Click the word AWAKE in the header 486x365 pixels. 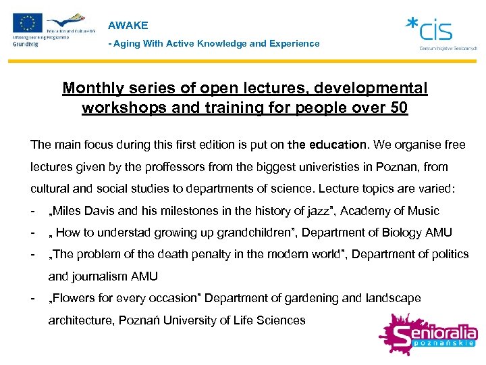128,26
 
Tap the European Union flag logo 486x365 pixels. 28,23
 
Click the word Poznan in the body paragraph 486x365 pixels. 396,166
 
